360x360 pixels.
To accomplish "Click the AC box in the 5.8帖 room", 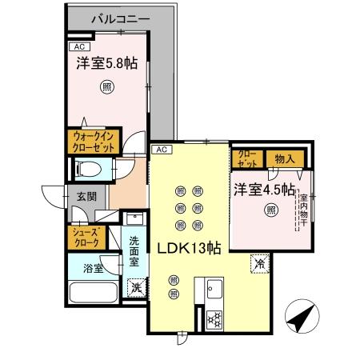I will (x=78, y=46).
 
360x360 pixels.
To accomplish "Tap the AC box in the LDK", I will (x=160, y=150).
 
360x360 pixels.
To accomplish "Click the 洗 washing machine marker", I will (x=136, y=286).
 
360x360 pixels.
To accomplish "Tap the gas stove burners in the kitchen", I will (x=214, y=318).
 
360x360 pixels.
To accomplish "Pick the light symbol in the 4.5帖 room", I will (x=271, y=210).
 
